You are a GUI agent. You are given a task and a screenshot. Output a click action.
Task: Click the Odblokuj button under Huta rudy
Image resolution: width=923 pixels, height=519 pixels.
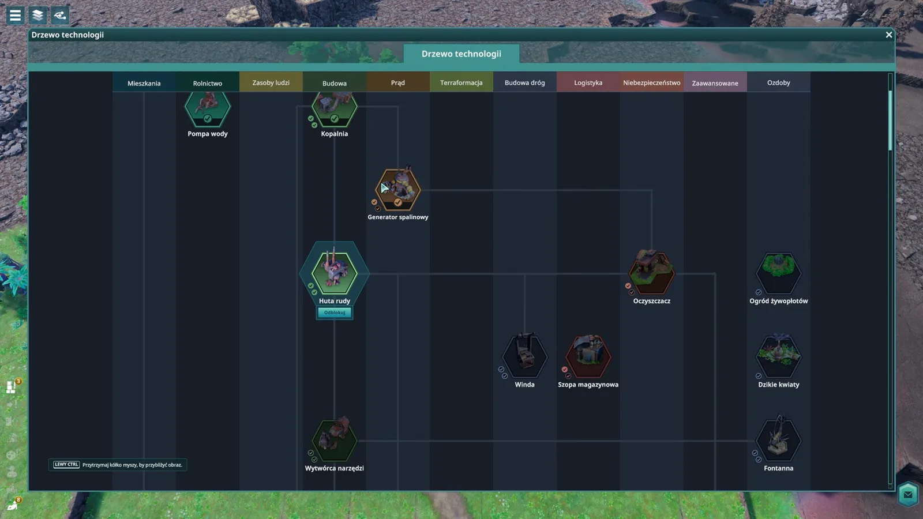[334, 313]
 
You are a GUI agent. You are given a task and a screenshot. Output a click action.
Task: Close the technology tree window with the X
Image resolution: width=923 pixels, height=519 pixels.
[889, 35]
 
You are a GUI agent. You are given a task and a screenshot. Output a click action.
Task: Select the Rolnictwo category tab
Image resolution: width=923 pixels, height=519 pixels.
[207, 83]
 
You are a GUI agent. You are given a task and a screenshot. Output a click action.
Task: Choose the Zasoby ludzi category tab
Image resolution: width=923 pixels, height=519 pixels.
[271, 82]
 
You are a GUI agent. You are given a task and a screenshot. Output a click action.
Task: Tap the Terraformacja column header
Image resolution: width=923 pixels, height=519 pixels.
[461, 82]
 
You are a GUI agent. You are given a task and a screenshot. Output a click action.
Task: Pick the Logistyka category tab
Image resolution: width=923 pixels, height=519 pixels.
[588, 82]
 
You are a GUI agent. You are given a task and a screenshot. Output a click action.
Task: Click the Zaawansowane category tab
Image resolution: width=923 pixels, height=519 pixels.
[715, 83]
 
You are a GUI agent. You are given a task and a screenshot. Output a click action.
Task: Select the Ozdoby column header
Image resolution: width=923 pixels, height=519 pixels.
[778, 82]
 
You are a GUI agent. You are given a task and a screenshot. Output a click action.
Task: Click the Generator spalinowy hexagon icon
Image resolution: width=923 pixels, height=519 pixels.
[397, 189]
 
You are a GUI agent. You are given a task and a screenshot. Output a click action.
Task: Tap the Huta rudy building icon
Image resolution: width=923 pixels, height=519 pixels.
[334, 272]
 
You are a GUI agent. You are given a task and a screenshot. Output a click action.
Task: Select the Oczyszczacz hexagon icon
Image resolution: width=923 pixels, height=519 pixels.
[651, 272]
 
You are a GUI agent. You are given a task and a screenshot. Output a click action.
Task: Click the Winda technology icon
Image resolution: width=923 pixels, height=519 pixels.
[524, 356]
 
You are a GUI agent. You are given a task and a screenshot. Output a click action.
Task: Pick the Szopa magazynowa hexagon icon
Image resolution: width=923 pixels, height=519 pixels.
[588, 356]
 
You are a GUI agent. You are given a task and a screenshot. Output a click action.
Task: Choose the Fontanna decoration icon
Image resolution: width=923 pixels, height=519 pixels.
[778, 439]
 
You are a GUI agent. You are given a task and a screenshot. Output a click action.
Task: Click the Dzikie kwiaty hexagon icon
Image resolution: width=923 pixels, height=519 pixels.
[778, 356]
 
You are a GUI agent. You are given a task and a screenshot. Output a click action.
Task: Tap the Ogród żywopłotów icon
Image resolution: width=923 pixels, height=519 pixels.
[778, 272]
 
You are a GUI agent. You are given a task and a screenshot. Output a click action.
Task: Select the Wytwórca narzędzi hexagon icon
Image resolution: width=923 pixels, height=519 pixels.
[334, 439]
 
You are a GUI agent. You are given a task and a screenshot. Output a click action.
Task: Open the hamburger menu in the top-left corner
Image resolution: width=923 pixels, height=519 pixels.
[15, 15]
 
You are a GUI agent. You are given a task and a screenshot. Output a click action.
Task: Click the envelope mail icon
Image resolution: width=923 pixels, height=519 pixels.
[908, 494]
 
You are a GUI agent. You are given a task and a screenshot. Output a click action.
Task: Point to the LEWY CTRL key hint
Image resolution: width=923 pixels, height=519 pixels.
[66, 465]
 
